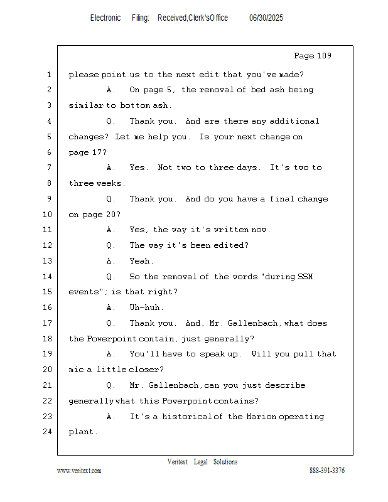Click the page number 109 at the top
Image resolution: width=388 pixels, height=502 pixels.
point(323,56)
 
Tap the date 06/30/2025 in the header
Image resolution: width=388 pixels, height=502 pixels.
point(266,18)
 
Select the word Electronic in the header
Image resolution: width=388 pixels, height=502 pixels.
point(105,18)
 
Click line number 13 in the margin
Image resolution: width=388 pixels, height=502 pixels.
point(48,261)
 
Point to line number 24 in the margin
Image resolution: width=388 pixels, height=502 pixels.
point(48,432)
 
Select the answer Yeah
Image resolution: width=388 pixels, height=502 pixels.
point(142,261)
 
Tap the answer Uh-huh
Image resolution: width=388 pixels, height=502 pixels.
point(146,307)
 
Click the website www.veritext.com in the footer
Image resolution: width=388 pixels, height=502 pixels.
point(79,471)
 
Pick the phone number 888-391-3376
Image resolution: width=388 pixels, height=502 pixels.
point(327,471)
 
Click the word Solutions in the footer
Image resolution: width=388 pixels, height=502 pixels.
point(225,462)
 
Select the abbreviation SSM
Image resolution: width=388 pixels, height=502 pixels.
point(305,277)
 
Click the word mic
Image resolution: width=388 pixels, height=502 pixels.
point(76,370)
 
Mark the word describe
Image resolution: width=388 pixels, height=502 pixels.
point(285,385)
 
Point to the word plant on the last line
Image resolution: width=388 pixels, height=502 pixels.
point(83,432)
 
